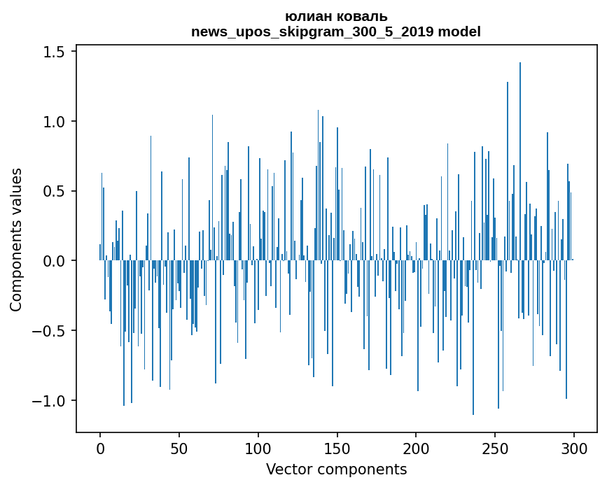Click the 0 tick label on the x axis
click(100, 447)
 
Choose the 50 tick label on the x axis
click(179, 447)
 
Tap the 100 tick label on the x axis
click(258, 447)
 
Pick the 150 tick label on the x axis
click(337, 447)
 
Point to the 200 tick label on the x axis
click(416, 447)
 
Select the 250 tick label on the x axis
click(495, 447)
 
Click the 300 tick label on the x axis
click(574, 447)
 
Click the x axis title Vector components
click(336, 469)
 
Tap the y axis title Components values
click(16, 239)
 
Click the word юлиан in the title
click(305, 17)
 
